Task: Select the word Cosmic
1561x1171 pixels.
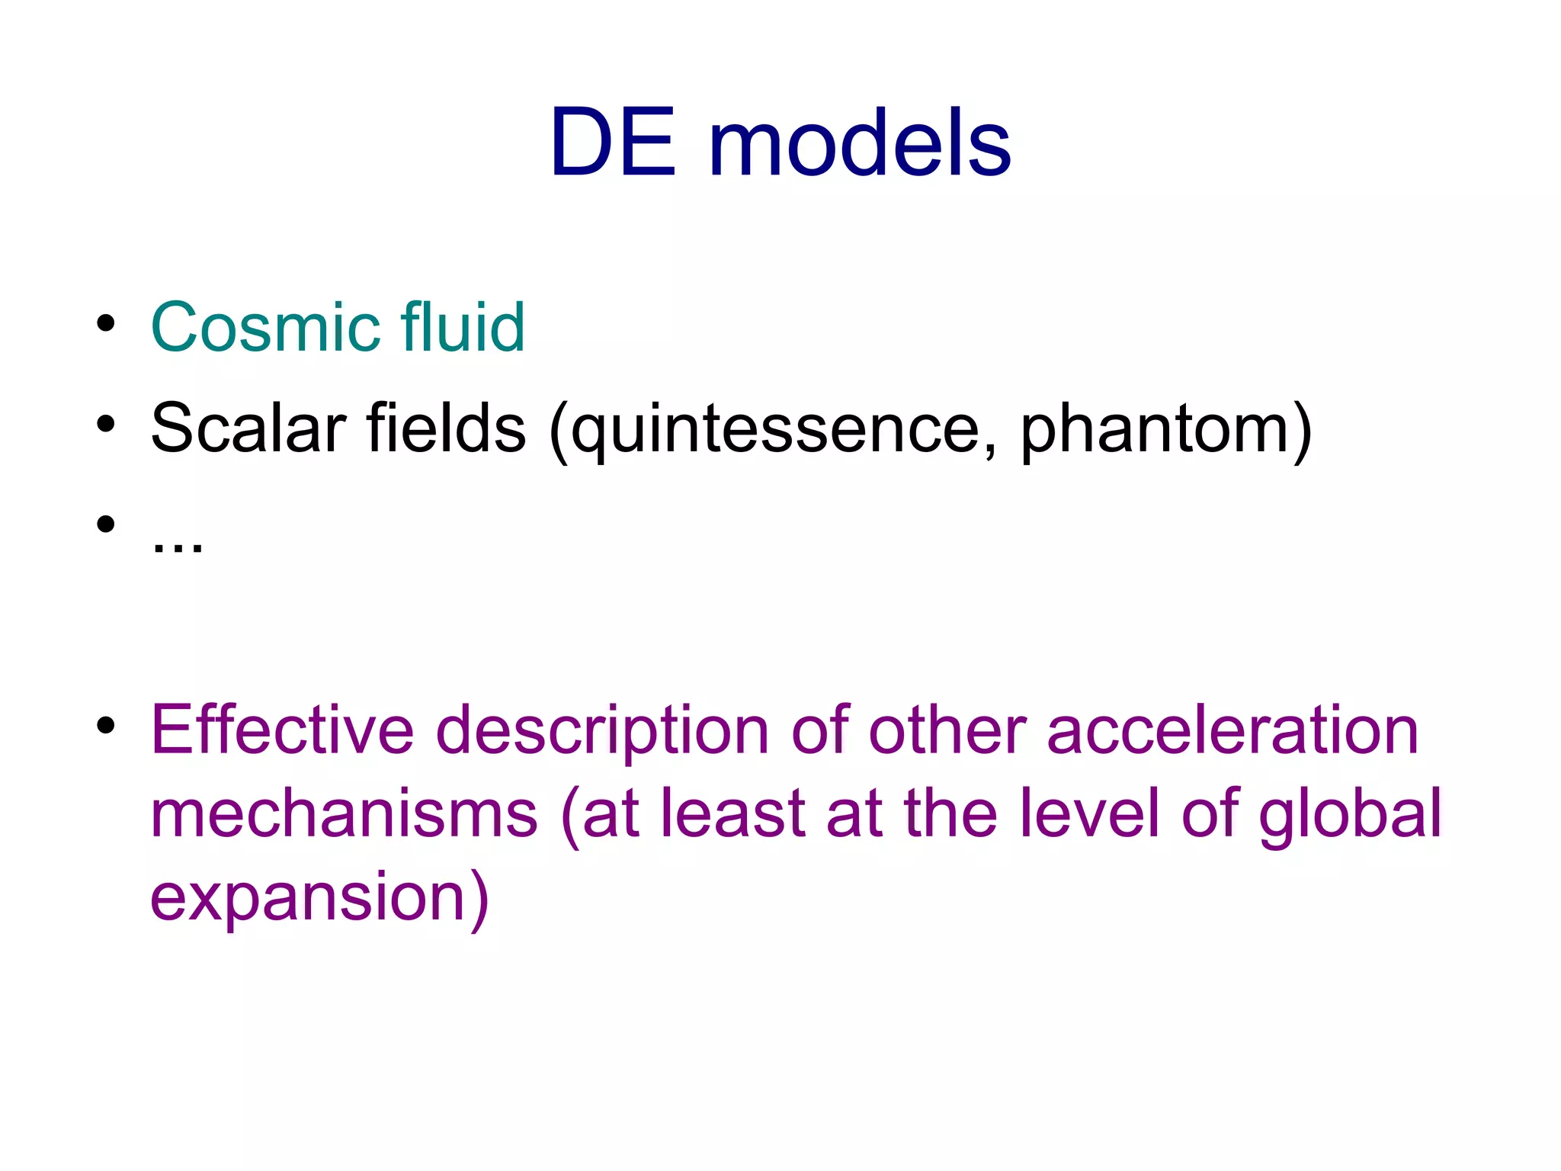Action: [265, 328]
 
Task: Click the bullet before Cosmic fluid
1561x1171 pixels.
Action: [106, 323]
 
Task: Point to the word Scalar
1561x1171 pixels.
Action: [248, 428]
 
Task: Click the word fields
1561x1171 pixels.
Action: [446, 428]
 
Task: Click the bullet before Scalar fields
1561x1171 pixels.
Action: [106, 424]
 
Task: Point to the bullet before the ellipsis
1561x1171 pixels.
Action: [106, 524]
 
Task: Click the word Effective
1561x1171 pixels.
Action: [283, 730]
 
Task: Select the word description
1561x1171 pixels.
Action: [602, 732]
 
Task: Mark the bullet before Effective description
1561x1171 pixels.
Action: [106, 725]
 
